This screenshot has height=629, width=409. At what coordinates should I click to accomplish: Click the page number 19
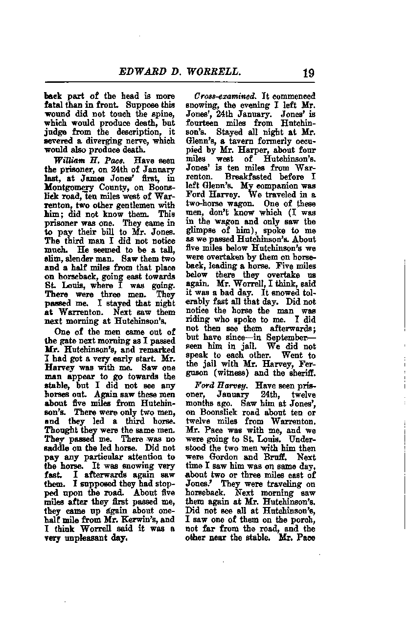pos(308,73)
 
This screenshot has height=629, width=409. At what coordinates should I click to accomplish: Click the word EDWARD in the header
pos(142,72)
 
